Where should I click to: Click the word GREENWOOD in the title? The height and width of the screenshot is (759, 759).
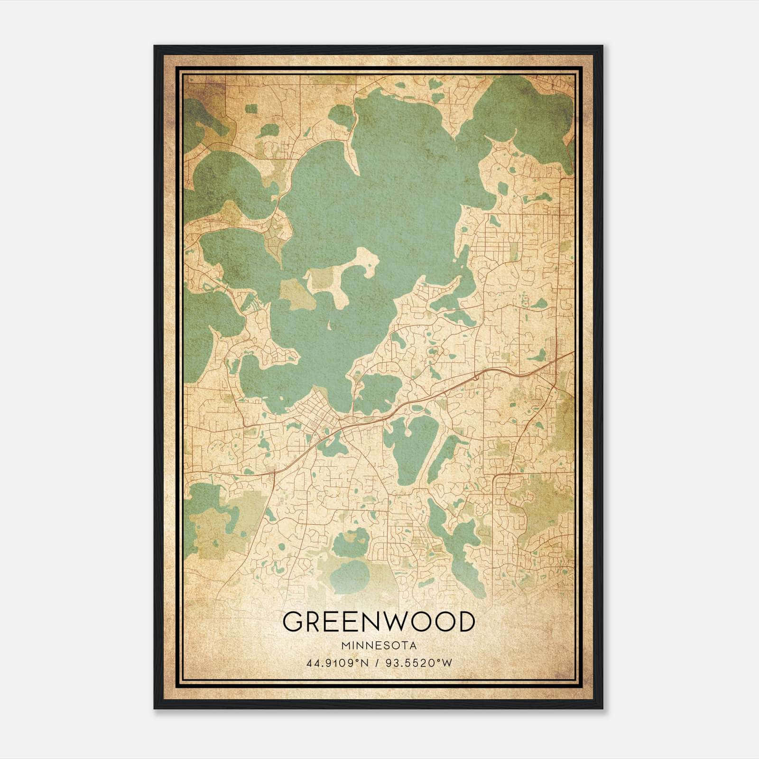pos(378,621)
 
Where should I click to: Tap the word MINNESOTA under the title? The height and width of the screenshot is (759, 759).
pos(378,646)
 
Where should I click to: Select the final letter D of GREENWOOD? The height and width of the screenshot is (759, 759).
pos(466,621)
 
